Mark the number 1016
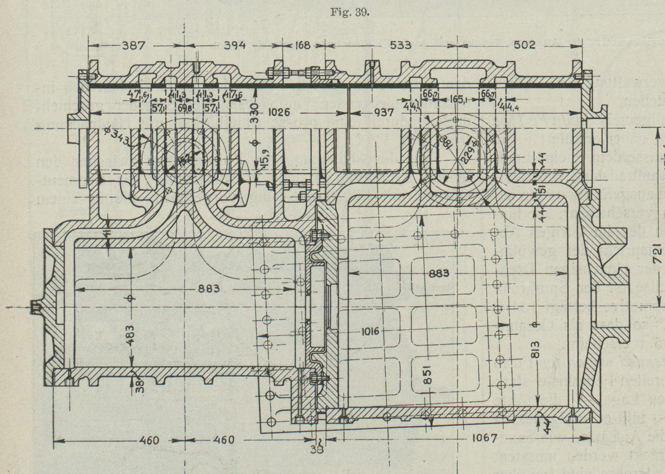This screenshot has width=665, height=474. pos(370,331)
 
